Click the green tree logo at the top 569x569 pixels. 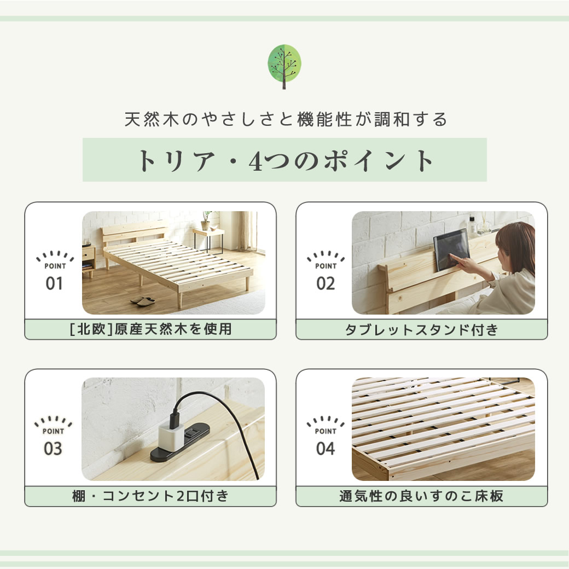click(x=284, y=66)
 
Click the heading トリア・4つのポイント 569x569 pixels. click(x=284, y=160)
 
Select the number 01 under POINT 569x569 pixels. click(x=54, y=284)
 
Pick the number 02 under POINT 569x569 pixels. click(x=326, y=284)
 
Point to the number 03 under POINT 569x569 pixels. click(x=54, y=449)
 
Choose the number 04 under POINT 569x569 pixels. click(x=326, y=449)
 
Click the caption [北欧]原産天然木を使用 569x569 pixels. click(x=150, y=329)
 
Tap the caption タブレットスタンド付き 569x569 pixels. click(x=421, y=330)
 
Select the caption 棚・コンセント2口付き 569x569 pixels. click(x=150, y=496)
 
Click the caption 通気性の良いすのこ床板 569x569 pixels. click(x=421, y=496)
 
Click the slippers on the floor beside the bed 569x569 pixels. click(x=143, y=300)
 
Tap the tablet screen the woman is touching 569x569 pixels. click(x=451, y=249)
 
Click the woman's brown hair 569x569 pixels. click(x=517, y=246)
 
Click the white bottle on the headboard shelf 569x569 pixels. click(x=472, y=226)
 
